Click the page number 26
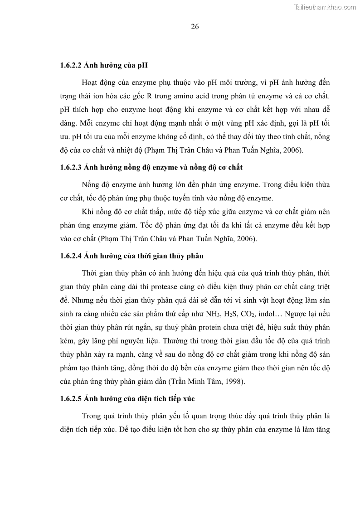[195, 26]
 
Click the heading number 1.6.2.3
[70, 167]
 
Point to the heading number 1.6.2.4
[70, 256]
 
